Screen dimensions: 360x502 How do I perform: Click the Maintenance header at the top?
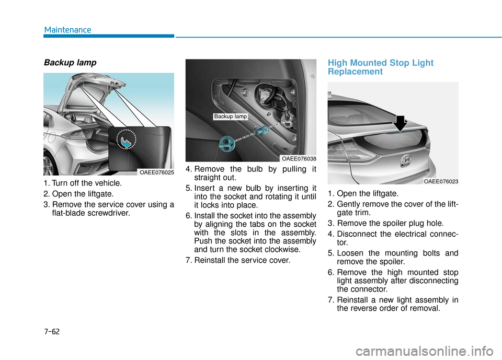tap(67, 30)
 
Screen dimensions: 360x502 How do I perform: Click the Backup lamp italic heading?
tap(70, 63)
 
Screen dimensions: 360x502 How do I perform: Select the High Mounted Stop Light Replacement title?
tap(380, 67)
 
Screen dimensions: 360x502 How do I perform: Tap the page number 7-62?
tap(52, 331)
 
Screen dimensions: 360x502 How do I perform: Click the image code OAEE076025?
tap(156, 171)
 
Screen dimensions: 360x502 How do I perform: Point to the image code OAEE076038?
tap(298, 158)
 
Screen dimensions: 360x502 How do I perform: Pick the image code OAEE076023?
tap(441, 181)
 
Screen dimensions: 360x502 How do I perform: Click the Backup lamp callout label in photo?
tap(230, 117)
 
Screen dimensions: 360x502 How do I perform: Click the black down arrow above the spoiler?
tap(400, 123)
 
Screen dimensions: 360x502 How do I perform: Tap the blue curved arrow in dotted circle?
tap(127, 142)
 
